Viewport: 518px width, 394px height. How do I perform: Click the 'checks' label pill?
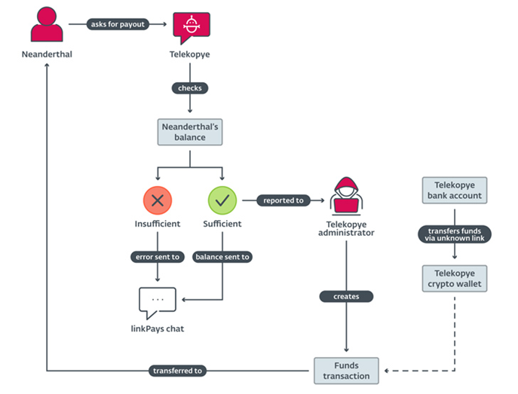pyautogui.click(x=189, y=87)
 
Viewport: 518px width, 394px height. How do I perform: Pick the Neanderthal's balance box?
pyautogui.click(x=189, y=132)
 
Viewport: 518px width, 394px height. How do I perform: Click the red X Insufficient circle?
pyautogui.click(x=158, y=200)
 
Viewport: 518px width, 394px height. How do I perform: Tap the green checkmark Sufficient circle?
pyautogui.click(x=222, y=200)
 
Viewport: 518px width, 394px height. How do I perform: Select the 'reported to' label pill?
pyautogui.click(x=282, y=200)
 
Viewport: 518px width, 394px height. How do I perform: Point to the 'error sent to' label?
pyautogui.click(x=157, y=257)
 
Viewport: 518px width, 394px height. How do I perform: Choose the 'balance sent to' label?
pyautogui.click(x=222, y=257)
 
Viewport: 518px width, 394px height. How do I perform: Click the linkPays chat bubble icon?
pyautogui.click(x=157, y=302)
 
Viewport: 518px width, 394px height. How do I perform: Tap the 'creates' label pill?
pyautogui.click(x=346, y=296)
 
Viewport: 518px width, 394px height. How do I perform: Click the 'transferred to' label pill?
pyautogui.click(x=177, y=371)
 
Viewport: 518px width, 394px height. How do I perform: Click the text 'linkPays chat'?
pyautogui.click(x=157, y=328)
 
